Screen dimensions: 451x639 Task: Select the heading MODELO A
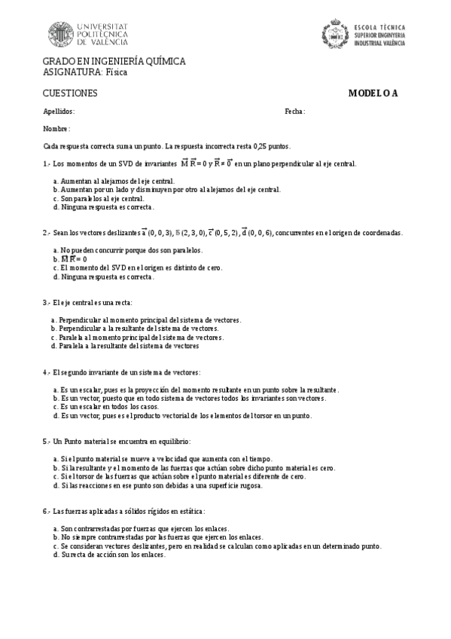click(373, 93)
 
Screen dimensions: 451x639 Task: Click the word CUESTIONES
click(71, 93)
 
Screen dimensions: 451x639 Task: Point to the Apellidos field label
click(59, 112)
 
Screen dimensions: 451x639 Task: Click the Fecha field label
click(294, 112)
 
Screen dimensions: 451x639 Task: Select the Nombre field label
click(56, 129)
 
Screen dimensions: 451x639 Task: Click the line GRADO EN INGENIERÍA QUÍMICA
click(114, 61)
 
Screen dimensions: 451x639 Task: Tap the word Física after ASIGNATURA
click(116, 72)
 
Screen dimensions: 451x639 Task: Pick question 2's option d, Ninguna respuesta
click(103, 277)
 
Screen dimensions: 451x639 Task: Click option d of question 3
click(124, 346)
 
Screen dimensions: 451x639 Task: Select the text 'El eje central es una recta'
click(93, 301)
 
